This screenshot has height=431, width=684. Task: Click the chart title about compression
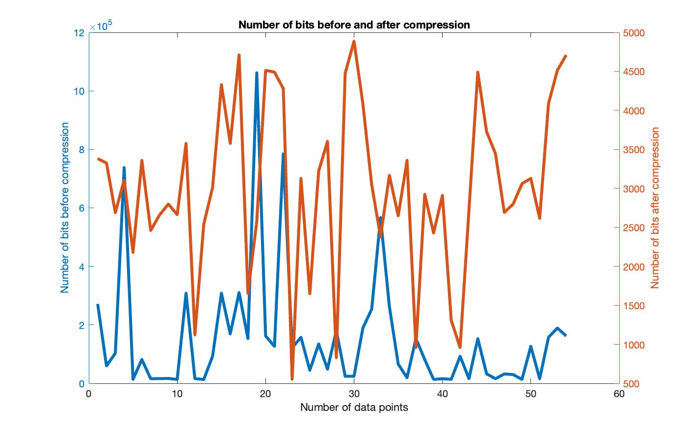coord(354,25)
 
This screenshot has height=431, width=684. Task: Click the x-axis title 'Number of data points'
coord(354,407)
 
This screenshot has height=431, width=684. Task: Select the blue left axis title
coord(65,208)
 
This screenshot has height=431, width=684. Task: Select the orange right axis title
coord(655,208)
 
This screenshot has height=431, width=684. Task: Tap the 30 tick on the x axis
coord(354,394)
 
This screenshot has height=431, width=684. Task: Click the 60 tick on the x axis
coord(619,394)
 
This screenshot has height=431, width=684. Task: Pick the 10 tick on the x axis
coord(177,394)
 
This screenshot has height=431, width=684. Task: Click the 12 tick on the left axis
coord(79,33)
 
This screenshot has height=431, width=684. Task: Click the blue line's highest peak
coord(257,73)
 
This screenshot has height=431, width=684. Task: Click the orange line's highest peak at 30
coord(354,41)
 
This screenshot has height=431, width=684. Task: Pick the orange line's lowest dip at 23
coord(292,379)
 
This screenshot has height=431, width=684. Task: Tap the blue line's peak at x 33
coord(380,217)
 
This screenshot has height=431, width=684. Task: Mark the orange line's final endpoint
coord(566,55)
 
